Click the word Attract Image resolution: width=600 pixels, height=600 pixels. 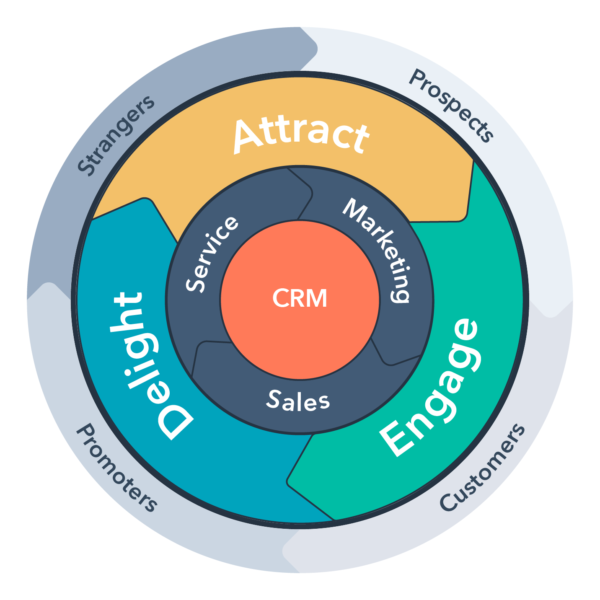click(301, 135)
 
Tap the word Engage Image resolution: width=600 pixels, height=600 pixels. click(429, 388)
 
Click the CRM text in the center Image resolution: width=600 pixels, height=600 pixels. click(300, 298)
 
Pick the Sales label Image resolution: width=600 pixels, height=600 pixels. click(298, 401)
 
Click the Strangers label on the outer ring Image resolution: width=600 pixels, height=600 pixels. click(115, 135)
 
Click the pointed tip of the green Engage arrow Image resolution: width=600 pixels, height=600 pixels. click(289, 481)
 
